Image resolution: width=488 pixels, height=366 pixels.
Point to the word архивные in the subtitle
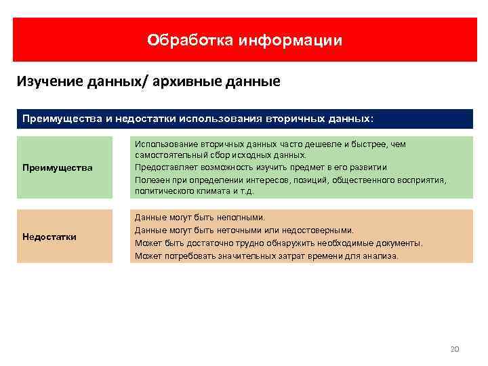(x=197, y=83)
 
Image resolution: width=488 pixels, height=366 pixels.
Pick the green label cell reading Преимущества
(x=64, y=167)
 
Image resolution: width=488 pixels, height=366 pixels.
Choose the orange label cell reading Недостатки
(x=64, y=237)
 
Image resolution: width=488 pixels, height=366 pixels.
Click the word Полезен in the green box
(x=150, y=180)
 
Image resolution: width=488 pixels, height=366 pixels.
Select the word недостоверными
(x=318, y=230)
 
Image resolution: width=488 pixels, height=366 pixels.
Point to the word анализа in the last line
(x=382, y=256)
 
